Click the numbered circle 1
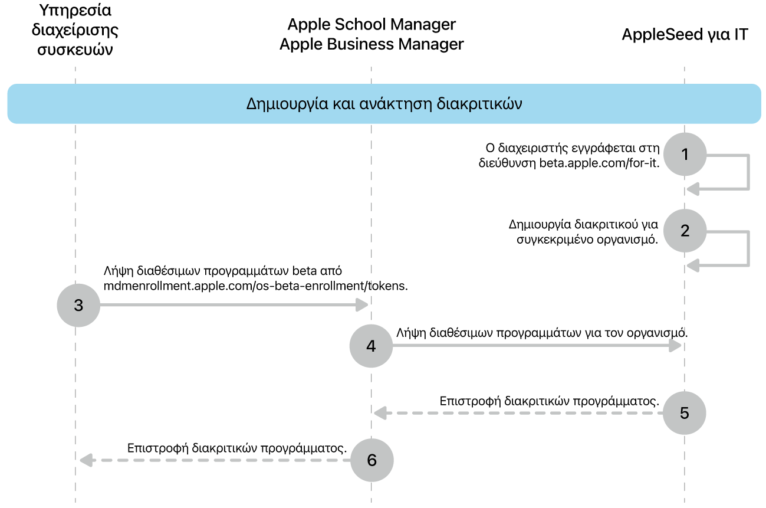click(685, 154)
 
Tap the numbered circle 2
click(685, 231)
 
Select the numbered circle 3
click(78, 305)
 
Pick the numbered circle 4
click(371, 346)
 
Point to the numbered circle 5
click(684, 413)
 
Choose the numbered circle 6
click(372, 460)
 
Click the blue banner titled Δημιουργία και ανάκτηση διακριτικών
click(384, 104)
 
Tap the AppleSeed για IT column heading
click(685, 35)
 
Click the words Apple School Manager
click(372, 24)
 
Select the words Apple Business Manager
click(372, 44)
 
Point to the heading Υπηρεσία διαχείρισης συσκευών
click(75, 30)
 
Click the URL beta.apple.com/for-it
click(599, 163)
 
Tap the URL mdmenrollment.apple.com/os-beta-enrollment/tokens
click(255, 286)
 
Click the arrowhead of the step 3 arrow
click(362, 305)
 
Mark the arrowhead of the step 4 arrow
click(675, 345)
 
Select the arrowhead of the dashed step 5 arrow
click(380, 413)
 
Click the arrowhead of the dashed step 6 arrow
click(86, 460)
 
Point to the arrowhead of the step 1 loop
click(693, 189)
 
